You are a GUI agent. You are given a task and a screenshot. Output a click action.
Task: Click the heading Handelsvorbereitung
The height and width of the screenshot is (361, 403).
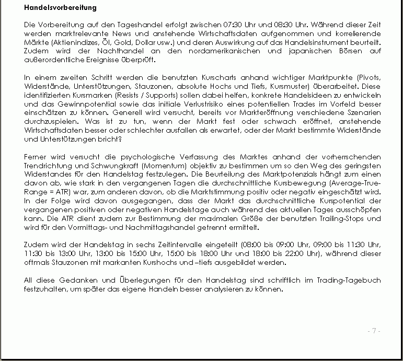coord(61,8)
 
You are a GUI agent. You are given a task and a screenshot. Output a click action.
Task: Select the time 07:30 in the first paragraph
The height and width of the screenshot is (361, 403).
coord(233,25)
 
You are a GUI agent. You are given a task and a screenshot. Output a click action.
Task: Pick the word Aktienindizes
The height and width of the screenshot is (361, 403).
coord(71,41)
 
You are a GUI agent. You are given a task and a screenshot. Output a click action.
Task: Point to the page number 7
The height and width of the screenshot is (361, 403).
coord(374,330)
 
